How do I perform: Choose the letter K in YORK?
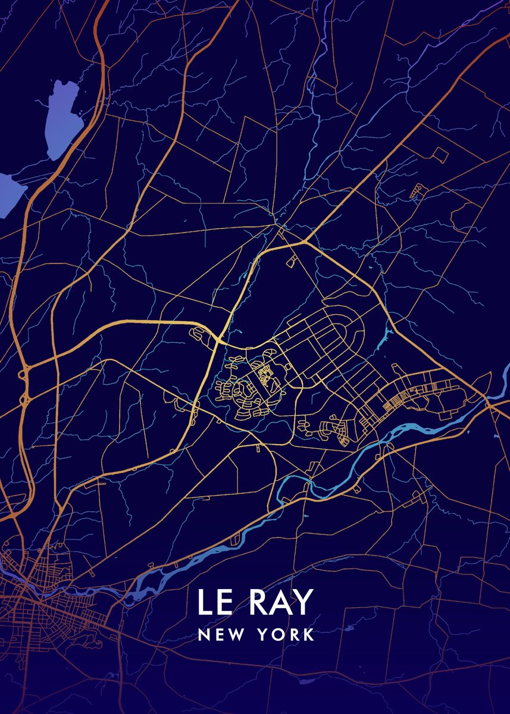tap(308, 635)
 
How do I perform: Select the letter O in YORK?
tap(279, 635)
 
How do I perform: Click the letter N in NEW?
tap(204, 635)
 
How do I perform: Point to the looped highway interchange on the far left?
tap(24, 387)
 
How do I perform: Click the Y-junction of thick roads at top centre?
tap(305, 242)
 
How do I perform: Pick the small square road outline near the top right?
tap(440, 155)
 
